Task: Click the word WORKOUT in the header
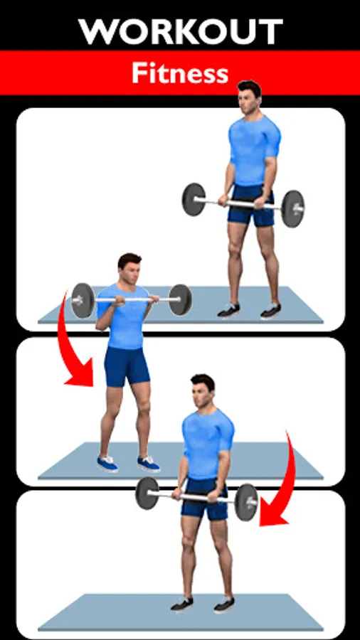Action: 181,31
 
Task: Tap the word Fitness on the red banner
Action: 180,73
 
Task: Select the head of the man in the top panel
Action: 249,97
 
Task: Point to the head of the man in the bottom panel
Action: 203,391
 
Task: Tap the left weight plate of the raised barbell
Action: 83,300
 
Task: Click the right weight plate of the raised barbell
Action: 181,300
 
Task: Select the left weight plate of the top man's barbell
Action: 194,199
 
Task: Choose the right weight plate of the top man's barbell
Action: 293,209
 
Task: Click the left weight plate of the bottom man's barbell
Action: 147,493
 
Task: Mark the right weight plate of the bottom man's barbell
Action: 247,503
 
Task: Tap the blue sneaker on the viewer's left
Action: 107,464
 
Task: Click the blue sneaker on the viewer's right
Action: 149,464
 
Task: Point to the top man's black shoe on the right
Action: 270,311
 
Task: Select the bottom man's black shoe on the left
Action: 182,604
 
